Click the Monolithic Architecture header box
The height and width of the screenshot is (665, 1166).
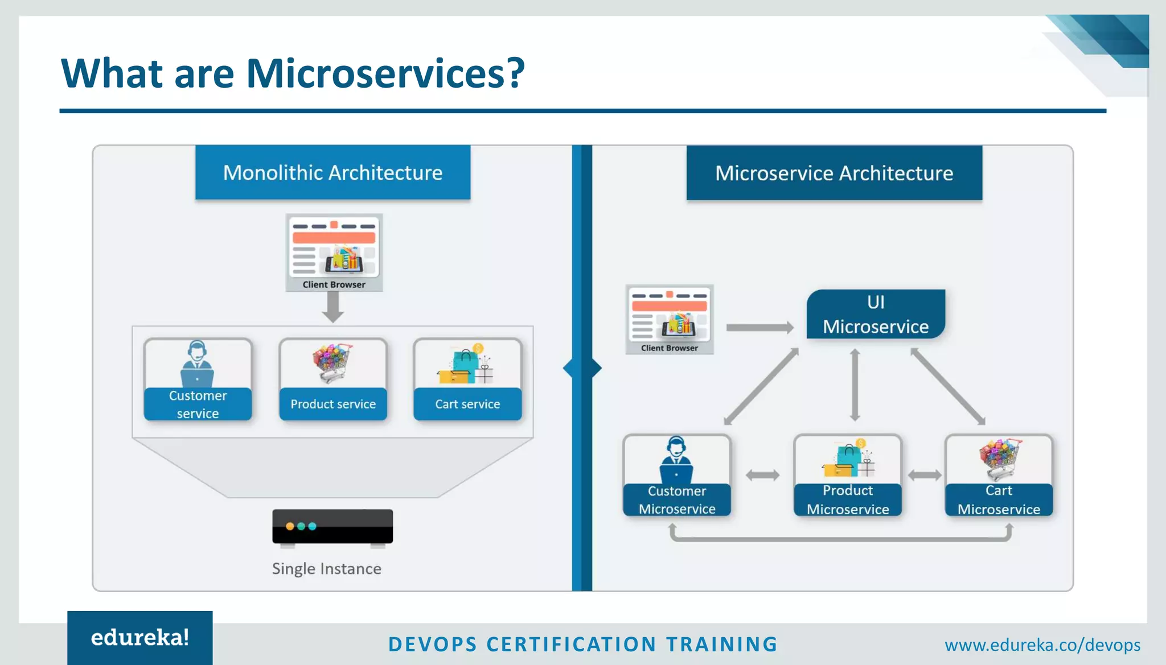coord(332,172)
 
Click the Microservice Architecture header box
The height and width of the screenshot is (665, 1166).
coord(834,173)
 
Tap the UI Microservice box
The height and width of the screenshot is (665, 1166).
coord(876,314)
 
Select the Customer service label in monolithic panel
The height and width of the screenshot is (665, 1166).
coord(198,404)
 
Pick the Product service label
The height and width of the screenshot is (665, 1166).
coord(333,404)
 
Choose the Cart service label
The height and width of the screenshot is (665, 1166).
coord(467,404)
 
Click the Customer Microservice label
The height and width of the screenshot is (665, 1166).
coord(677,499)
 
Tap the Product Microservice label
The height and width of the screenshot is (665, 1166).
coord(848,499)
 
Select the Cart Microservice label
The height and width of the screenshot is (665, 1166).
coord(999,499)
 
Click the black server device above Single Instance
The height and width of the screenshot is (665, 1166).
coord(332,527)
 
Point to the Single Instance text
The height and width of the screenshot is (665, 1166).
coord(326,568)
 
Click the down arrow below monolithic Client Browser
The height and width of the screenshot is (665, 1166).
coord(333,308)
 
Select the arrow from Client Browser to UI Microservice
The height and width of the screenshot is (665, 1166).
coord(759,328)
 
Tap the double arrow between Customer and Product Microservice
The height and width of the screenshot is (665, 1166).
coord(762,475)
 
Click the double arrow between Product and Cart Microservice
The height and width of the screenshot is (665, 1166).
coord(924,475)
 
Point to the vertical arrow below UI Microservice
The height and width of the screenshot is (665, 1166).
coord(855,385)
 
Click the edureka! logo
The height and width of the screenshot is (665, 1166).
coord(140,638)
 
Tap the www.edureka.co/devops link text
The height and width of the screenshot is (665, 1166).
coord(1042,645)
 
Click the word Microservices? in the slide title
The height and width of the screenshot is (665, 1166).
coord(385,73)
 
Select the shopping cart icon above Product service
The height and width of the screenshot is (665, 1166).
coord(332,362)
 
